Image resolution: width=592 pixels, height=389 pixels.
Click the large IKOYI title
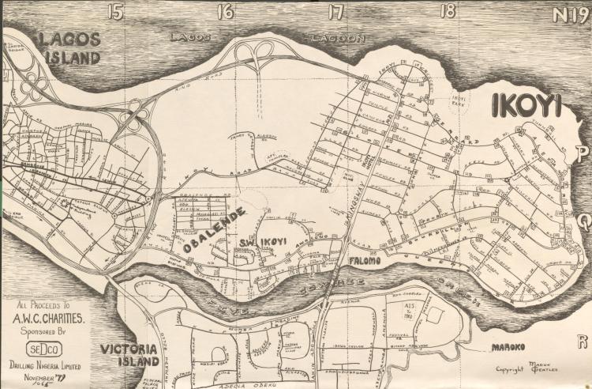pyautogui.click(x=526, y=106)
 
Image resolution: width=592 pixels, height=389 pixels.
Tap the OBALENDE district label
pyautogui.click(x=214, y=230)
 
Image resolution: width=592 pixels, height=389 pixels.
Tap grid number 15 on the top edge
pyautogui.click(x=117, y=11)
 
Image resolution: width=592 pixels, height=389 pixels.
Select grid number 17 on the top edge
pyautogui.click(x=337, y=11)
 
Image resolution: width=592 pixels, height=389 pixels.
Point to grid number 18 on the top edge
pyautogui.click(x=449, y=11)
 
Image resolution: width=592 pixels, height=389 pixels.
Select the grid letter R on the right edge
pyautogui.click(x=583, y=342)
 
